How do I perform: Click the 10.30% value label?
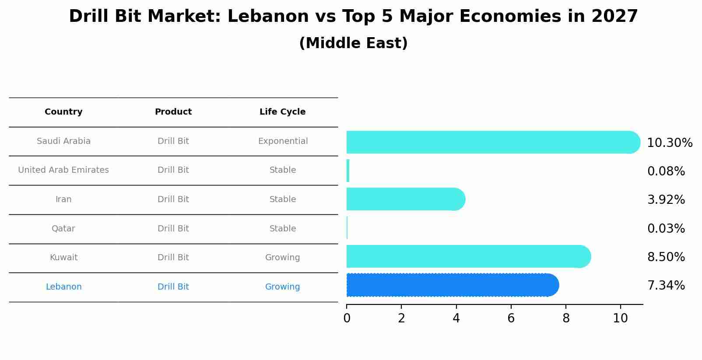pos(669,143)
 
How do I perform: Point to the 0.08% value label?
pos(666,171)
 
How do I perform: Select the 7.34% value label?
pos(666,286)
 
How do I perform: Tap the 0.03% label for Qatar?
pos(666,229)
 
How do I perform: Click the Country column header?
pos(63,112)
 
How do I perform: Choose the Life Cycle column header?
pos(282,112)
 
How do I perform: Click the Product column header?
pos(173,112)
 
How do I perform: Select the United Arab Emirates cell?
pos(63,170)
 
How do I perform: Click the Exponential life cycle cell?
pos(283,141)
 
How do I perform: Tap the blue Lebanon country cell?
pos(63,287)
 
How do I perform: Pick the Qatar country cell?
pos(63,229)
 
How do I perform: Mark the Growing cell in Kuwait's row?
pos(282,258)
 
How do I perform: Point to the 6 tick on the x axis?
pos(511,318)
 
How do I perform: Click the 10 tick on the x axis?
pos(620,318)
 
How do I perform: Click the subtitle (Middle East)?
pos(353,43)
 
